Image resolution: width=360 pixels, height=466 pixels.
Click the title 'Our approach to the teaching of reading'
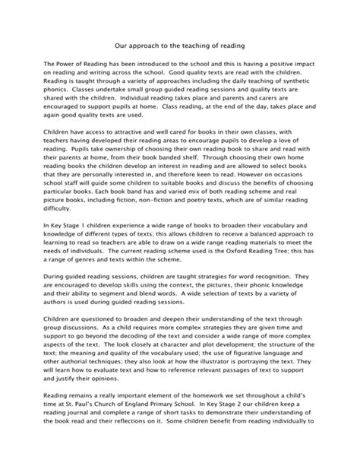[x=179, y=46]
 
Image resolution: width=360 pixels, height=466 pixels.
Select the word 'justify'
[x=83, y=436]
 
